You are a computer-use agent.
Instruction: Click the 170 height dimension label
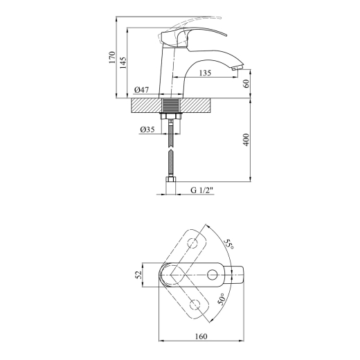(x=111, y=57)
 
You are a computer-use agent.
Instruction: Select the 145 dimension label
(x=123, y=62)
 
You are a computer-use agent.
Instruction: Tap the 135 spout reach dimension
(x=205, y=73)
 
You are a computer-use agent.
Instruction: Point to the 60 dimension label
(x=246, y=83)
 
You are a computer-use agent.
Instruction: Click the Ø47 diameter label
(x=141, y=89)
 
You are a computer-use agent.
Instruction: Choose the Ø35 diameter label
(x=147, y=129)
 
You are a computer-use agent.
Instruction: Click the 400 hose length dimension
(x=246, y=140)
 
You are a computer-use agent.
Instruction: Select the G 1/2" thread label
(x=202, y=190)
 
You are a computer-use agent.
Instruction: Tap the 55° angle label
(x=229, y=244)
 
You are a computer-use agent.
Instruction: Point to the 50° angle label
(x=221, y=299)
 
